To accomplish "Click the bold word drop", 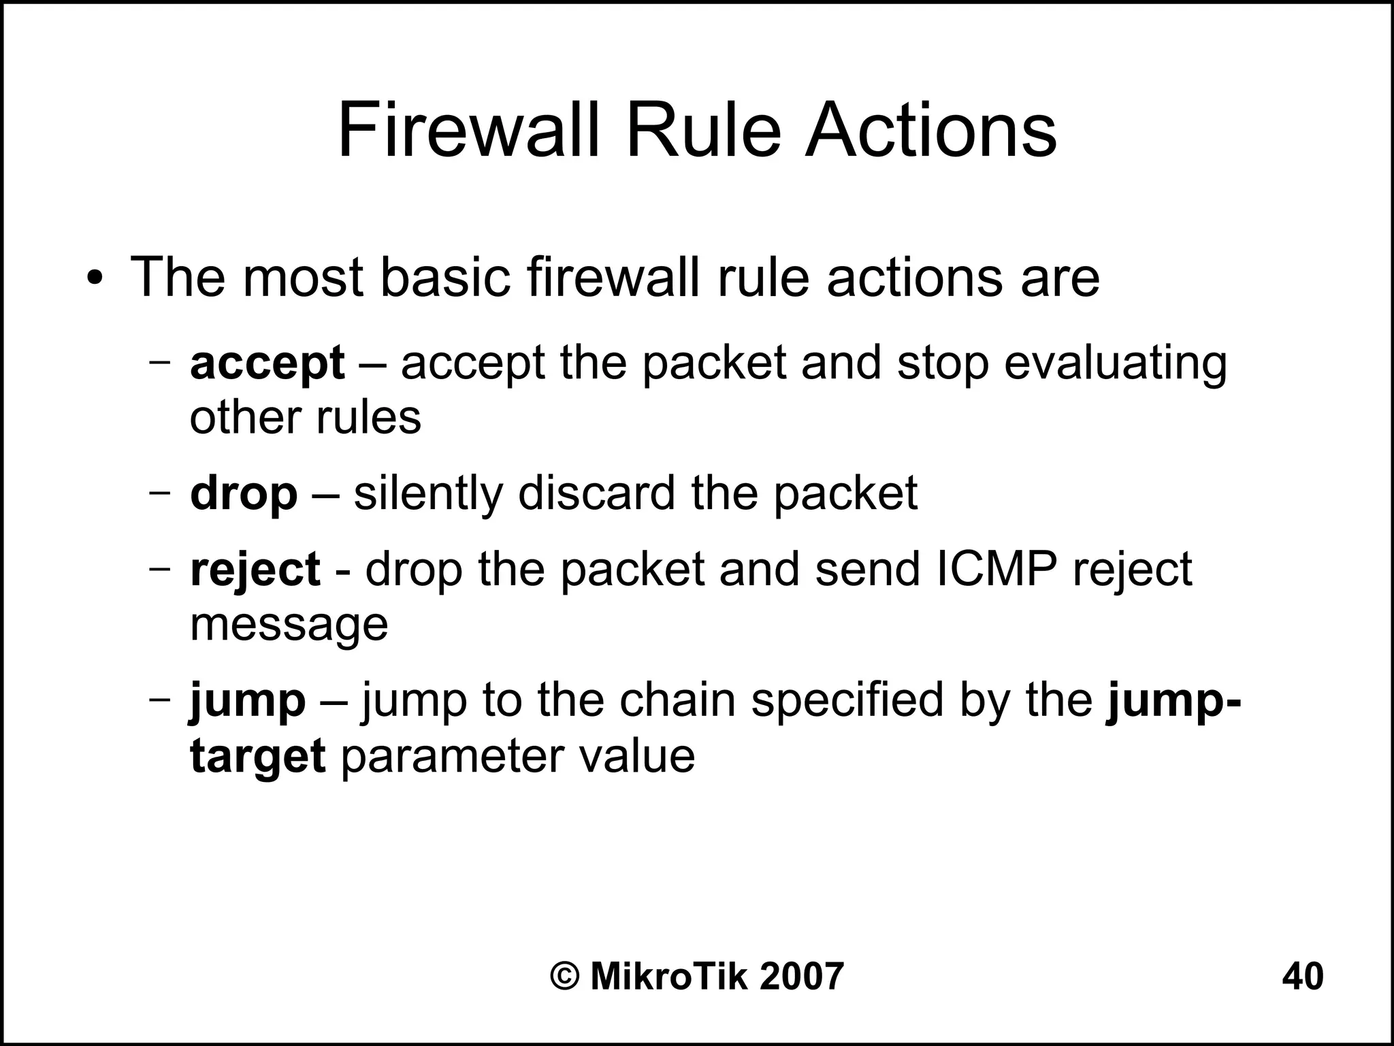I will (x=244, y=494).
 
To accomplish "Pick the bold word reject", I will (x=255, y=570).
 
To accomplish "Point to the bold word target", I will (x=257, y=756).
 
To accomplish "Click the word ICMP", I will (x=996, y=570).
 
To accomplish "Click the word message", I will (x=289, y=625).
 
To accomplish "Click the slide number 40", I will (x=1303, y=977).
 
